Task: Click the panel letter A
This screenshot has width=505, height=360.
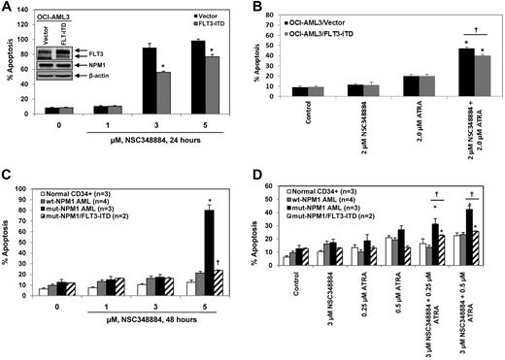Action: coord(8,9)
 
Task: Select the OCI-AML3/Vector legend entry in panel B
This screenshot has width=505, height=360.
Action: coord(335,17)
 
